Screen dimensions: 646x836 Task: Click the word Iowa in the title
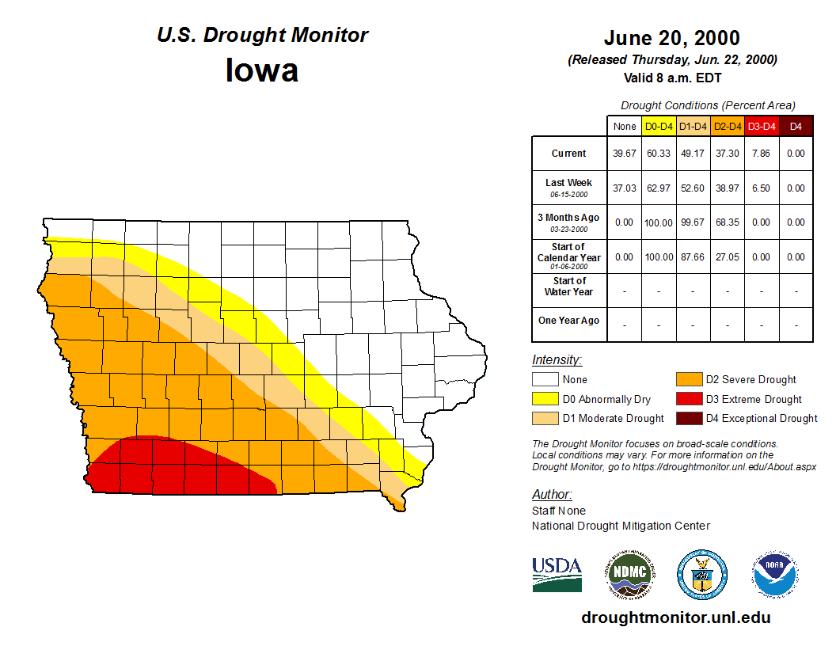click(262, 70)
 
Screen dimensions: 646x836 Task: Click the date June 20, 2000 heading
click(671, 38)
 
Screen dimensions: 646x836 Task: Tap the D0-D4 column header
click(659, 126)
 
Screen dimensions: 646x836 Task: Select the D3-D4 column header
click(762, 126)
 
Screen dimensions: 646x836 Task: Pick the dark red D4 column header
click(796, 126)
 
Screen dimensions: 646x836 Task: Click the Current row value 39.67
click(624, 154)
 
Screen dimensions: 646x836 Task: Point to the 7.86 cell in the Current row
click(762, 154)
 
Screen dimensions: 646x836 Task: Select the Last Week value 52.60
click(693, 188)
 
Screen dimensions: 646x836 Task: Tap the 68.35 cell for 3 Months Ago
click(727, 222)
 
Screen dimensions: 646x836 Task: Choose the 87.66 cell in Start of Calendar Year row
click(693, 257)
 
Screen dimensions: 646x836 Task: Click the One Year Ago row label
click(568, 321)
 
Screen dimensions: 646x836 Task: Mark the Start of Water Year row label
click(568, 287)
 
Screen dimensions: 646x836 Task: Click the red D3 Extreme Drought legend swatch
click(687, 399)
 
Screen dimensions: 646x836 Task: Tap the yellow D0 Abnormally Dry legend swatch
click(545, 399)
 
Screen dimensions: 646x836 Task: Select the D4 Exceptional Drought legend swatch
click(687, 418)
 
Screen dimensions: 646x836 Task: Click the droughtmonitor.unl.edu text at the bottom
click(675, 617)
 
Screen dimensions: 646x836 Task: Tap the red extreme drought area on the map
click(174, 467)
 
